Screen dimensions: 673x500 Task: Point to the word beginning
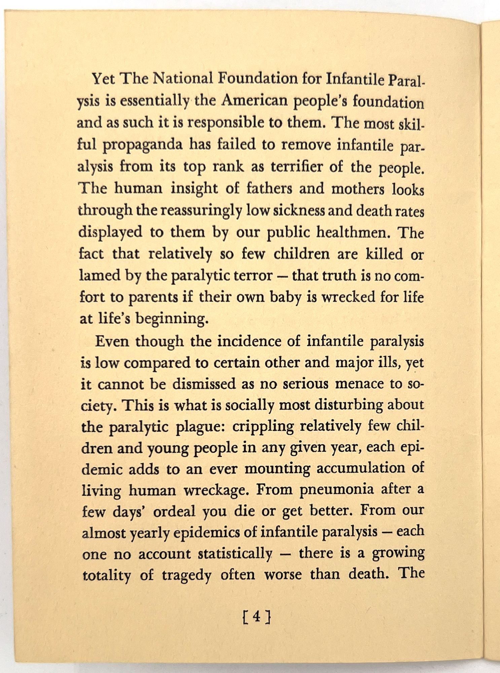pos(172,319)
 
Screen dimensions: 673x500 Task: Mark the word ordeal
pos(174,511)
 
